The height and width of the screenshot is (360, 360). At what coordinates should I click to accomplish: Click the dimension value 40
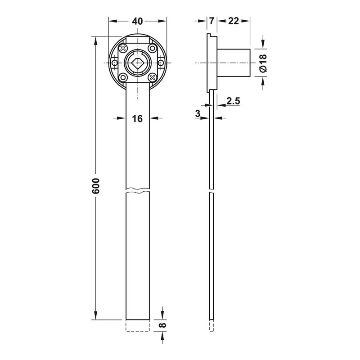tap(137, 21)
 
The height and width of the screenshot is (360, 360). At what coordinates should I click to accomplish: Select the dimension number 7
tap(211, 21)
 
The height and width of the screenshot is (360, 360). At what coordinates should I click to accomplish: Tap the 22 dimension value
tap(234, 21)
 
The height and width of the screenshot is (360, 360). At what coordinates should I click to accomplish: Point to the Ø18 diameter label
tap(263, 63)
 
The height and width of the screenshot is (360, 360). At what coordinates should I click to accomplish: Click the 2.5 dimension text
tap(233, 101)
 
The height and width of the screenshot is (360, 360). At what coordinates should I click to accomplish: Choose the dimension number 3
tap(198, 113)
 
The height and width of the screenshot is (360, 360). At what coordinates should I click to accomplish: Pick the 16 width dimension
tap(137, 119)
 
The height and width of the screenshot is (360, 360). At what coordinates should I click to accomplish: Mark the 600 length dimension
tap(96, 185)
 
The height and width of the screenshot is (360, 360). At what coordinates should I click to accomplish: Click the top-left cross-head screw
tap(123, 49)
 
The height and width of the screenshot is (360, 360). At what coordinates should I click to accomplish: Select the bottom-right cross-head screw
tap(152, 77)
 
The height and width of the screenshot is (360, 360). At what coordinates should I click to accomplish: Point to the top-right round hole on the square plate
tap(152, 49)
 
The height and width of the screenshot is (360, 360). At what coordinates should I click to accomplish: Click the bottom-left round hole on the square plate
tap(123, 77)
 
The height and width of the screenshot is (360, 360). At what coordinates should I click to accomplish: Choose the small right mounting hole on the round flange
tap(161, 63)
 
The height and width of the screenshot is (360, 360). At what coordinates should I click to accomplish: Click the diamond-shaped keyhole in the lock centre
tap(138, 63)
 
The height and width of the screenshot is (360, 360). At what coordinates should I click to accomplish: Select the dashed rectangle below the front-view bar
tap(138, 325)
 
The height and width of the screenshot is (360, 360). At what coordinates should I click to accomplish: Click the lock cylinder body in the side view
tap(233, 63)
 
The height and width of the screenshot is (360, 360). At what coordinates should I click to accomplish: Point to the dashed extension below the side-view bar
tap(211, 325)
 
